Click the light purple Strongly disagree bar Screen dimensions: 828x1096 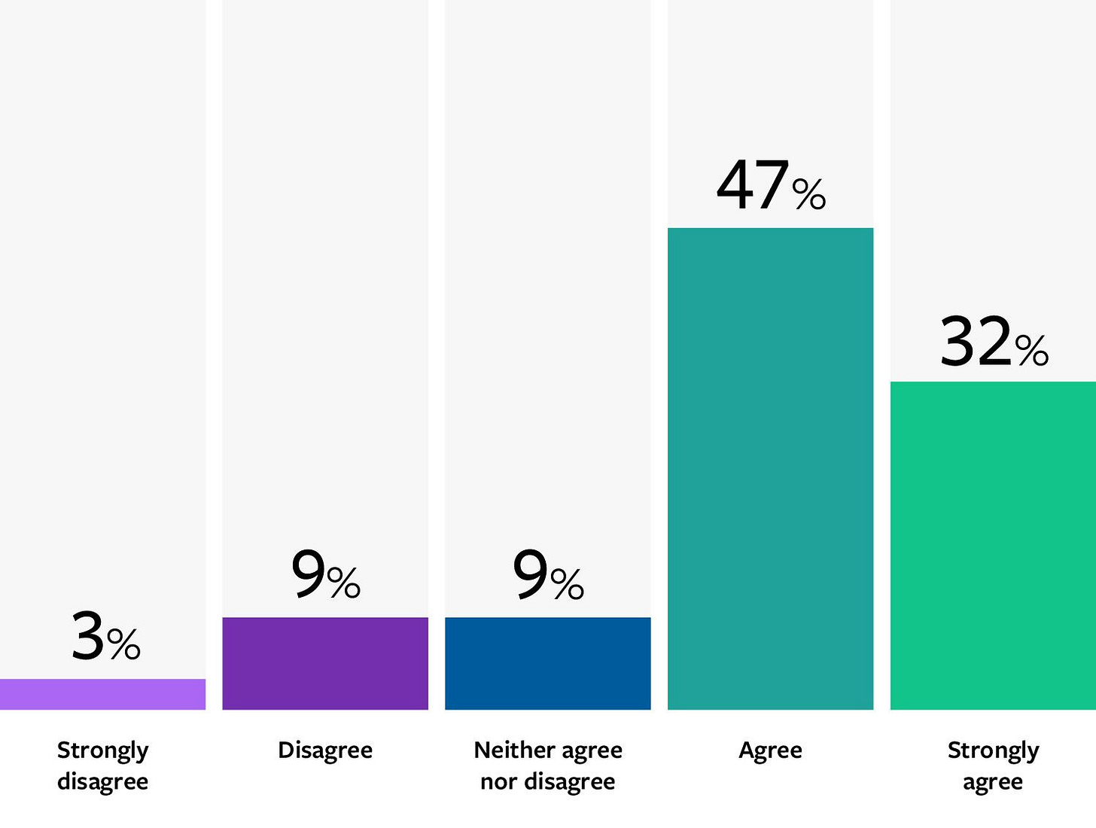pos(102,694)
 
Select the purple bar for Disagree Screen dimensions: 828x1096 pos(325,663)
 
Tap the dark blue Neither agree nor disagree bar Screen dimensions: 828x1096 pos(548,663)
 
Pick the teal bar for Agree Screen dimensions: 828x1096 pos(770,468)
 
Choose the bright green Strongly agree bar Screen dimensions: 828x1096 pos(993,545)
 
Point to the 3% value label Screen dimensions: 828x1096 pos(105,637)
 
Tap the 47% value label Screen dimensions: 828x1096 pos(771,186)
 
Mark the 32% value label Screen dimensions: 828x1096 pos(994,342)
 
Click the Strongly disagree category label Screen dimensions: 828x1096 pos(103,766)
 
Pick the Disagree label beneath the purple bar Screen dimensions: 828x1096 pos(325,750)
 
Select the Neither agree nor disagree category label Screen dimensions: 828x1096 pos(548,766)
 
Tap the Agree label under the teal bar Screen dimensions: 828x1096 pos(770,750)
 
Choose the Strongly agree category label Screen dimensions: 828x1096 pos(993,766)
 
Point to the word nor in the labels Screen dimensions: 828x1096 pos(498,782)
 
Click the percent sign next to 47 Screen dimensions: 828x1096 pos(809,194)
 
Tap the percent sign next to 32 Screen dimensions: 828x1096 pos(1031,350)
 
